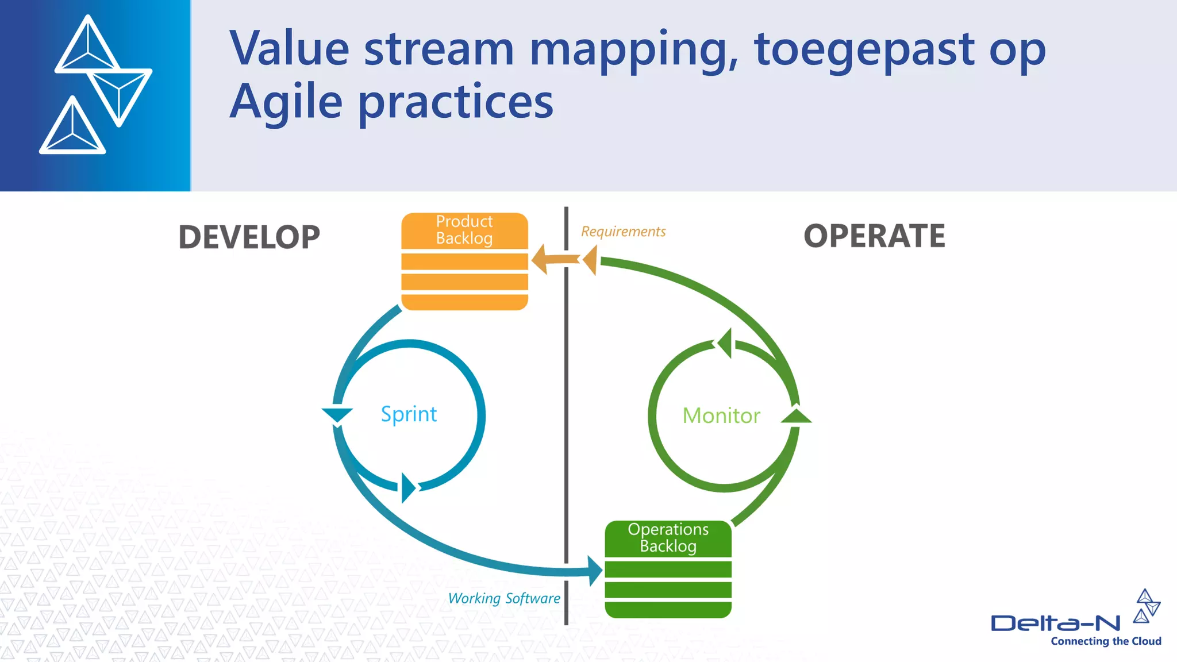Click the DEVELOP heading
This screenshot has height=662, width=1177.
point(249,237)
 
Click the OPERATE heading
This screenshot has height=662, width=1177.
point(874,236)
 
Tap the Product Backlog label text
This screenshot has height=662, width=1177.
point(464,230)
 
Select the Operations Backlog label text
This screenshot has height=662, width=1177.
point(668,537)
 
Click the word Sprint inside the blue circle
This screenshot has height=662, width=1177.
point(409,414)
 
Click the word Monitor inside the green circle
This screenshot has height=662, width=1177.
point(721,415)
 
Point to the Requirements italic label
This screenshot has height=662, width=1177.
point(623,232)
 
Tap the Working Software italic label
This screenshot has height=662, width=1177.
point(504,598)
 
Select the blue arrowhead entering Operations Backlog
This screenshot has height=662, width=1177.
point(595,571)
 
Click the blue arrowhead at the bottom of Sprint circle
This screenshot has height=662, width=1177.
point(407,487)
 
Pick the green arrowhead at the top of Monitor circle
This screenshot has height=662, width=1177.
point(725,343)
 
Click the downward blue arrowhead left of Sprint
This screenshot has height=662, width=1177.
point(337,414)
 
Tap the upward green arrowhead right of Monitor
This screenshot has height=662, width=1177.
point(797,416)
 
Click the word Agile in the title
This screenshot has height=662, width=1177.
point(286,102)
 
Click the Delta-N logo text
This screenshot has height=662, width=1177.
point(1055,623)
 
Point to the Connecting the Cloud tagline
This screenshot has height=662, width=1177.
point(1106,641)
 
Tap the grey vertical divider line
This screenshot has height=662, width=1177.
point(566,402)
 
